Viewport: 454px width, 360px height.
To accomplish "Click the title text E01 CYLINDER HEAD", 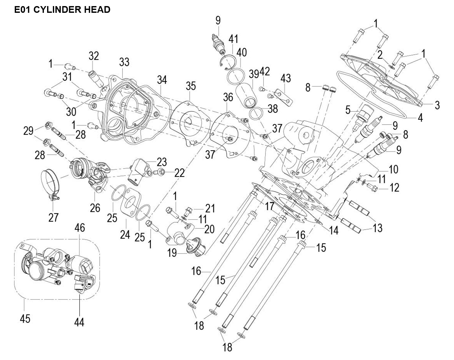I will point(62,10).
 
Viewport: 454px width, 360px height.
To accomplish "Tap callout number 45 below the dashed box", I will point(25,318).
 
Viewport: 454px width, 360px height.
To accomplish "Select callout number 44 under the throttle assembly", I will point(79,322).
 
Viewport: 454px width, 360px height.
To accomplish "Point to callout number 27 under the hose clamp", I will point(53,217).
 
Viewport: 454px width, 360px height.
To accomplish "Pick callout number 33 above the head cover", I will point(124,61).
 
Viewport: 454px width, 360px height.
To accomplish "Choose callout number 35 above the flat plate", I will point(191,86).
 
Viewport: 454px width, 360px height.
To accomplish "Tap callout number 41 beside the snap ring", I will point(233,39).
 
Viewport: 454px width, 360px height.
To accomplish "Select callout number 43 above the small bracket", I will point(285,78).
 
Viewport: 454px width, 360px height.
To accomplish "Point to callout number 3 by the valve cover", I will point(437,105).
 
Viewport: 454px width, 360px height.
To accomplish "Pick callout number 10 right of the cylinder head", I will point(393,169).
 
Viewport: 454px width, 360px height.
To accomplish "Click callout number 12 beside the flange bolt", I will point(394,187).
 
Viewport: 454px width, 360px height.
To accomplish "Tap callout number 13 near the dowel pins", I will point(378,228).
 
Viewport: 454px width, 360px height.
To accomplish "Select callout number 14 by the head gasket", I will point(334,230).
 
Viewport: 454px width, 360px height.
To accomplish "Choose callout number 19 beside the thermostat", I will point(172,253).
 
